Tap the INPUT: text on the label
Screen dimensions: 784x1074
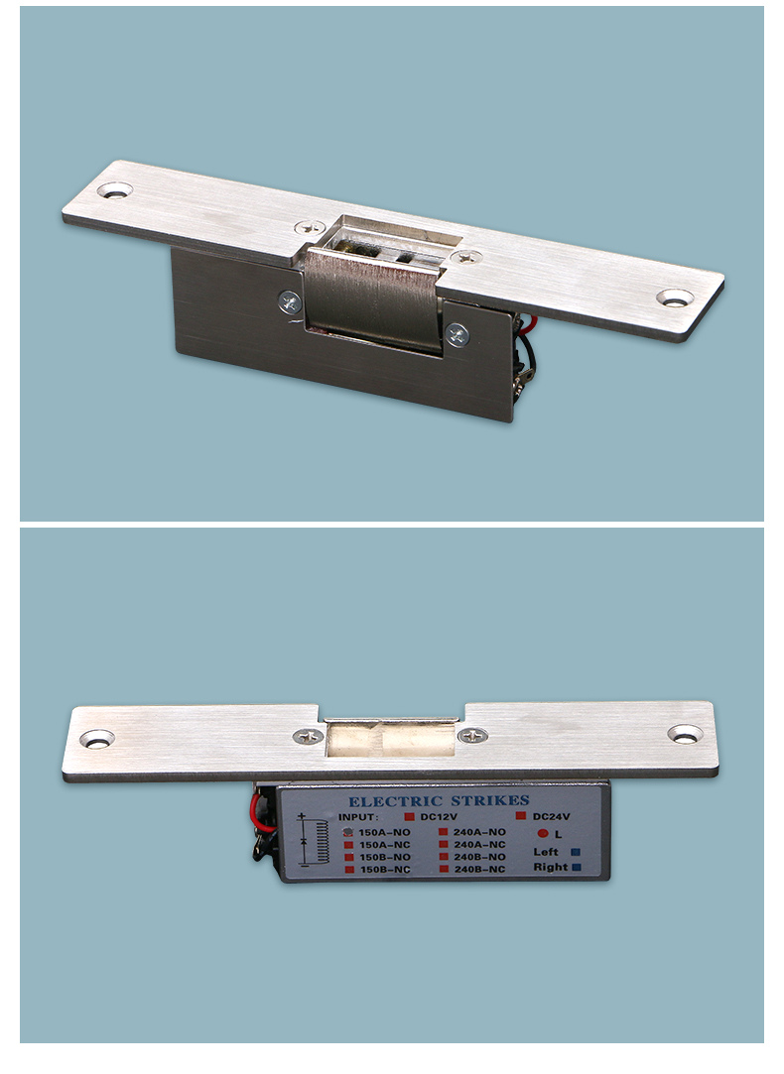357,816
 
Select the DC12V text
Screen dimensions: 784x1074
440,816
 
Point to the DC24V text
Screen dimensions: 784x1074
552,816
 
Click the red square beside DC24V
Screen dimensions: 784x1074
521,816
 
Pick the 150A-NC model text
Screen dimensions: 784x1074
384,845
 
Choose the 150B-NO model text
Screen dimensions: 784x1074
384,857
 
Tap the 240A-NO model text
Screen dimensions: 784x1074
479,832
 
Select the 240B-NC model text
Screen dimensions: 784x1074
479,869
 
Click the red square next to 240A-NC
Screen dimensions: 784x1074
444,845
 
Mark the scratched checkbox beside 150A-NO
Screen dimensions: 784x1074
348,832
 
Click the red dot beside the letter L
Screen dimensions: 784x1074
543,834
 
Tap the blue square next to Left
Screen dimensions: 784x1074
576,852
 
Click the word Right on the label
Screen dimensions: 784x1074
551,867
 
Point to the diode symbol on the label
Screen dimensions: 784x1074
303,840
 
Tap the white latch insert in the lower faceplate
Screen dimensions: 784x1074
390,739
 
